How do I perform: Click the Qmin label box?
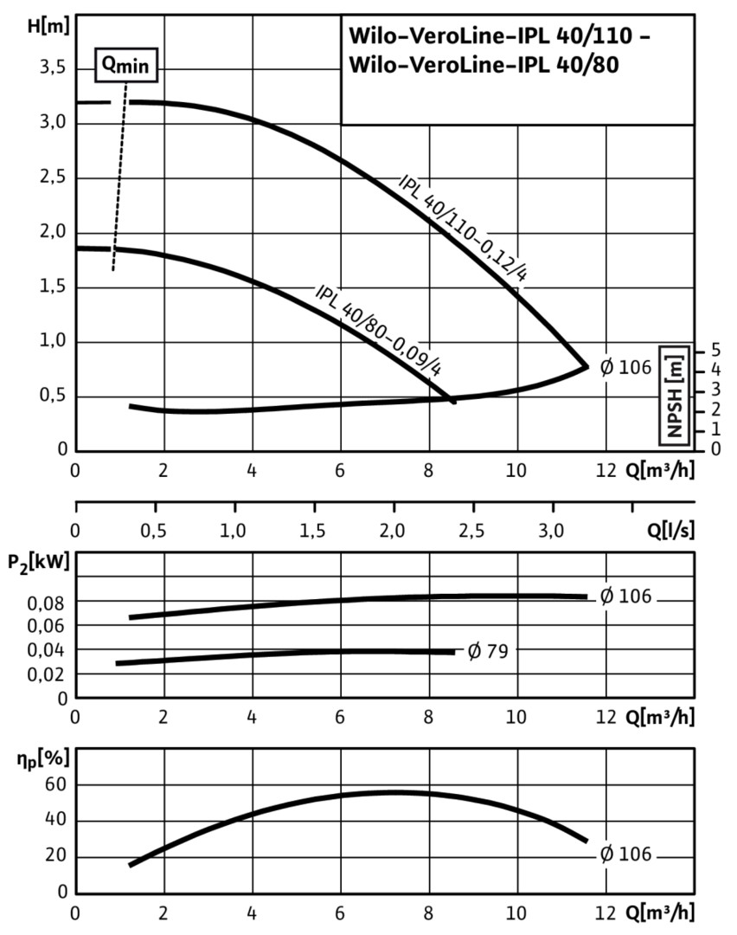pyautogui.click(x=125, y=66)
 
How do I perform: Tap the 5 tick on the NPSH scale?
pyautogui.click(x=715, y=349)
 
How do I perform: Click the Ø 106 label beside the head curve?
pyautogui.click(x=625, y=366)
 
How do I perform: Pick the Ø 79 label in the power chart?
pyautogui.click(x=486, y=651)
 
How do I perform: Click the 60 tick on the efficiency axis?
pyautogui.click(x=57, y=784)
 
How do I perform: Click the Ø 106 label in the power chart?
pyautogui.click(x=625, y=596)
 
